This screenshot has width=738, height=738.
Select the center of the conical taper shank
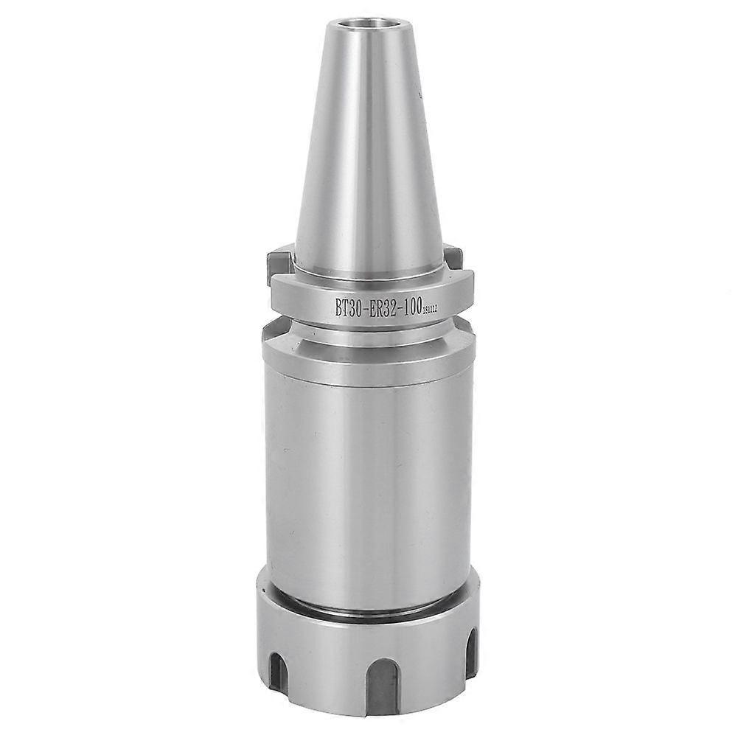[361, 147]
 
